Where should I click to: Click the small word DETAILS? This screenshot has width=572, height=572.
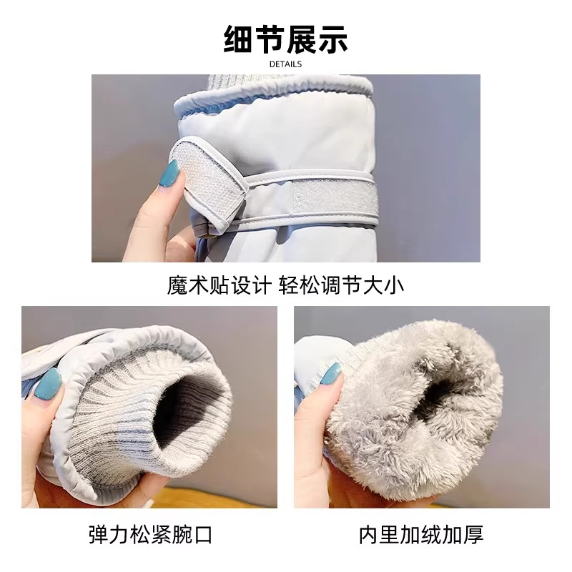tap(285, 64)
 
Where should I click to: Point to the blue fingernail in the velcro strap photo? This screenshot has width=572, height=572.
tap(171, 173)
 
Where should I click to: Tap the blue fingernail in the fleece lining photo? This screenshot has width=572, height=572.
tap(331, 375)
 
